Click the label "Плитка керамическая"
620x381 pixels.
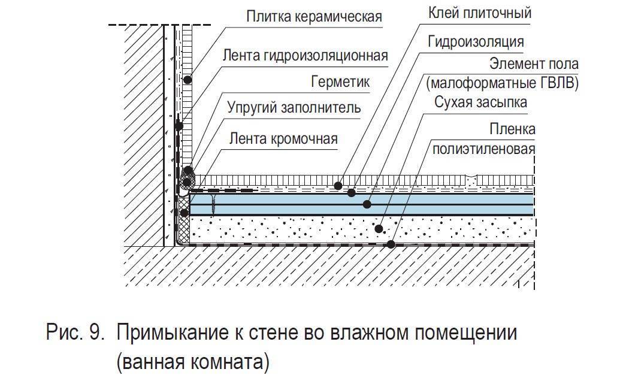point(314,17)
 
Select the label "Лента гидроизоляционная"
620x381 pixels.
point(305,55)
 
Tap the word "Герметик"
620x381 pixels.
point(340,82)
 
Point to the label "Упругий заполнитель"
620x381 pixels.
point(294,107)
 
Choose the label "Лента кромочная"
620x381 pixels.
point(283,139)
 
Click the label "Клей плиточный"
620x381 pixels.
point(479,13)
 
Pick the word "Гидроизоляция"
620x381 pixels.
point(476,41)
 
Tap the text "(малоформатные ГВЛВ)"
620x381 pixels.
point(502,83)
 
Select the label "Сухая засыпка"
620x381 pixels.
point(480,102)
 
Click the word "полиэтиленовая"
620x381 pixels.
point(483,149)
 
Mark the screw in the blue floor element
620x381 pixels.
point(213,204)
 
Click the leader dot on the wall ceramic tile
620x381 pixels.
point(187,80)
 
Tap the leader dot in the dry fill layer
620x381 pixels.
point(379,228)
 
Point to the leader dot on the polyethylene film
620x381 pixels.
point(391,244)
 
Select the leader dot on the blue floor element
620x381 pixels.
point(367,204)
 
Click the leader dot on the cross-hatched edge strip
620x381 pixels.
point(184,213)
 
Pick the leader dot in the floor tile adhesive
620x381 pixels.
point(338,185)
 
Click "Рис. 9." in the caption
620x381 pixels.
point(75,332)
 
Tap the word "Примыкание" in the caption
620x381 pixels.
point(173,333)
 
